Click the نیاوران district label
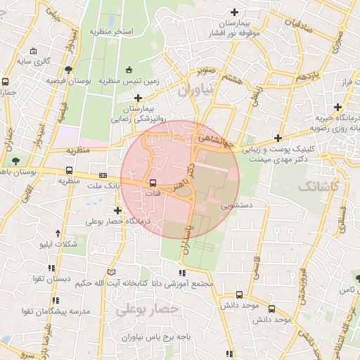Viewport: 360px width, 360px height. [x=194, y=91]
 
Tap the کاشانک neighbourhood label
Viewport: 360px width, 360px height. [x=318, y=186]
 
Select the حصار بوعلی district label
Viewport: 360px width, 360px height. [x=148, y=308]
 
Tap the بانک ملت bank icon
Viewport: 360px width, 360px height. [x=103, y=175]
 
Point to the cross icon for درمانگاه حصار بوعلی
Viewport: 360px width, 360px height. [x=117, y=210]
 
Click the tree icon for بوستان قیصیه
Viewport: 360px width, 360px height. [x=68, y=70]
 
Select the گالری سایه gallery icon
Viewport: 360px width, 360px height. [x=33, y=51]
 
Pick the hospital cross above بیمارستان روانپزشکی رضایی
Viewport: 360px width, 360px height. [x=139, y=98]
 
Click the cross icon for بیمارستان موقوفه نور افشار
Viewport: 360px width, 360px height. [x=234, y=11]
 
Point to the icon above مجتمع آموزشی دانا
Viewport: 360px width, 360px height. [x=181, y=273]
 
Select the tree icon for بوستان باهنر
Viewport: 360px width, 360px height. [x=16, y=162]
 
